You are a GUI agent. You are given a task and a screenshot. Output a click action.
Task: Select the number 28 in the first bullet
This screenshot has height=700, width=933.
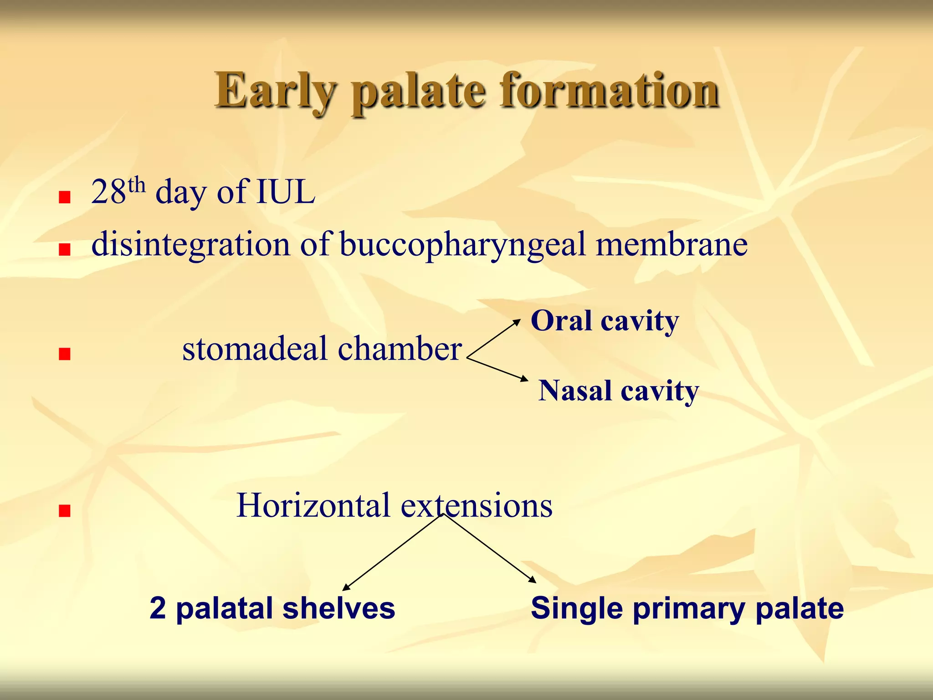coord(108,192)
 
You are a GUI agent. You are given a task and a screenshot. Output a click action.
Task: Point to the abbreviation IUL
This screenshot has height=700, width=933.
coord(286,192)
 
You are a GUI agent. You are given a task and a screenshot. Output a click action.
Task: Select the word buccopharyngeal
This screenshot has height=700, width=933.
coord(462,245)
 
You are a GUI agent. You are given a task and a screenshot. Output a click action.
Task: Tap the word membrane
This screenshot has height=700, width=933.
coord(672,245)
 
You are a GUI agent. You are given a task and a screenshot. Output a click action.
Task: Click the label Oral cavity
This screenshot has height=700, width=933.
coord(605,321)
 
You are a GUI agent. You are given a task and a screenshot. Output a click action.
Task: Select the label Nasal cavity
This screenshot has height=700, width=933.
coord(618,391)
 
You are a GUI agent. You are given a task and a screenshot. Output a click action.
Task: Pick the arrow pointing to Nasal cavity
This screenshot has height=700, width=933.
coord(497,370)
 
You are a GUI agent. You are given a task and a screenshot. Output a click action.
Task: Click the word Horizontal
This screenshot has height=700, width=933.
coord(313,506)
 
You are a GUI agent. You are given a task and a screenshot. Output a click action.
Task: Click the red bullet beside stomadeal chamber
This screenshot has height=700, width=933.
coord(65,354)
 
